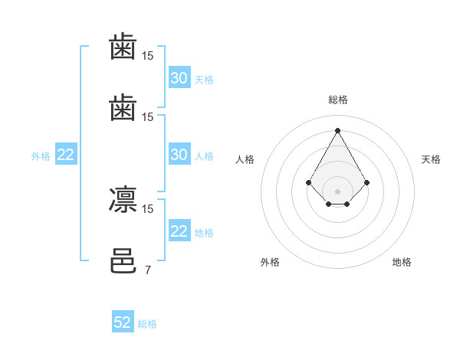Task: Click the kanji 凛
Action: point(123,199)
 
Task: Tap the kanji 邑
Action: point(123,260)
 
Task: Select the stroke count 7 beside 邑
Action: point(148,270)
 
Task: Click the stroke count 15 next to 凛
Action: point(147,209)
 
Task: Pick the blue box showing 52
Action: point(123,321)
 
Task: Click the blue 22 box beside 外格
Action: point(66,154)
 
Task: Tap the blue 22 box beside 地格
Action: point(179,230)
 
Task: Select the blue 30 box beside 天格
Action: point(179,77)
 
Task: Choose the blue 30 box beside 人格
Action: point(179,154)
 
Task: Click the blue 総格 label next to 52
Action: point(147,324)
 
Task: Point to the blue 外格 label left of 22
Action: point(41,156)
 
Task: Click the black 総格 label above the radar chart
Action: point(338,100)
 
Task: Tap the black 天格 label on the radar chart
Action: point(431,159)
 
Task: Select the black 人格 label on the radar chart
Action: point(245,159)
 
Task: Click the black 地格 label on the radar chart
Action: point(402,262)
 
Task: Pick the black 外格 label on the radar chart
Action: point(270,262)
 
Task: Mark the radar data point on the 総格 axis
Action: point(337,130)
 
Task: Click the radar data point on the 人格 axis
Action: point(309,182)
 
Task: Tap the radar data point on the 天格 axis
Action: point(366,182)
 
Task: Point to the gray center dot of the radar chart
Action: point(337,191)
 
